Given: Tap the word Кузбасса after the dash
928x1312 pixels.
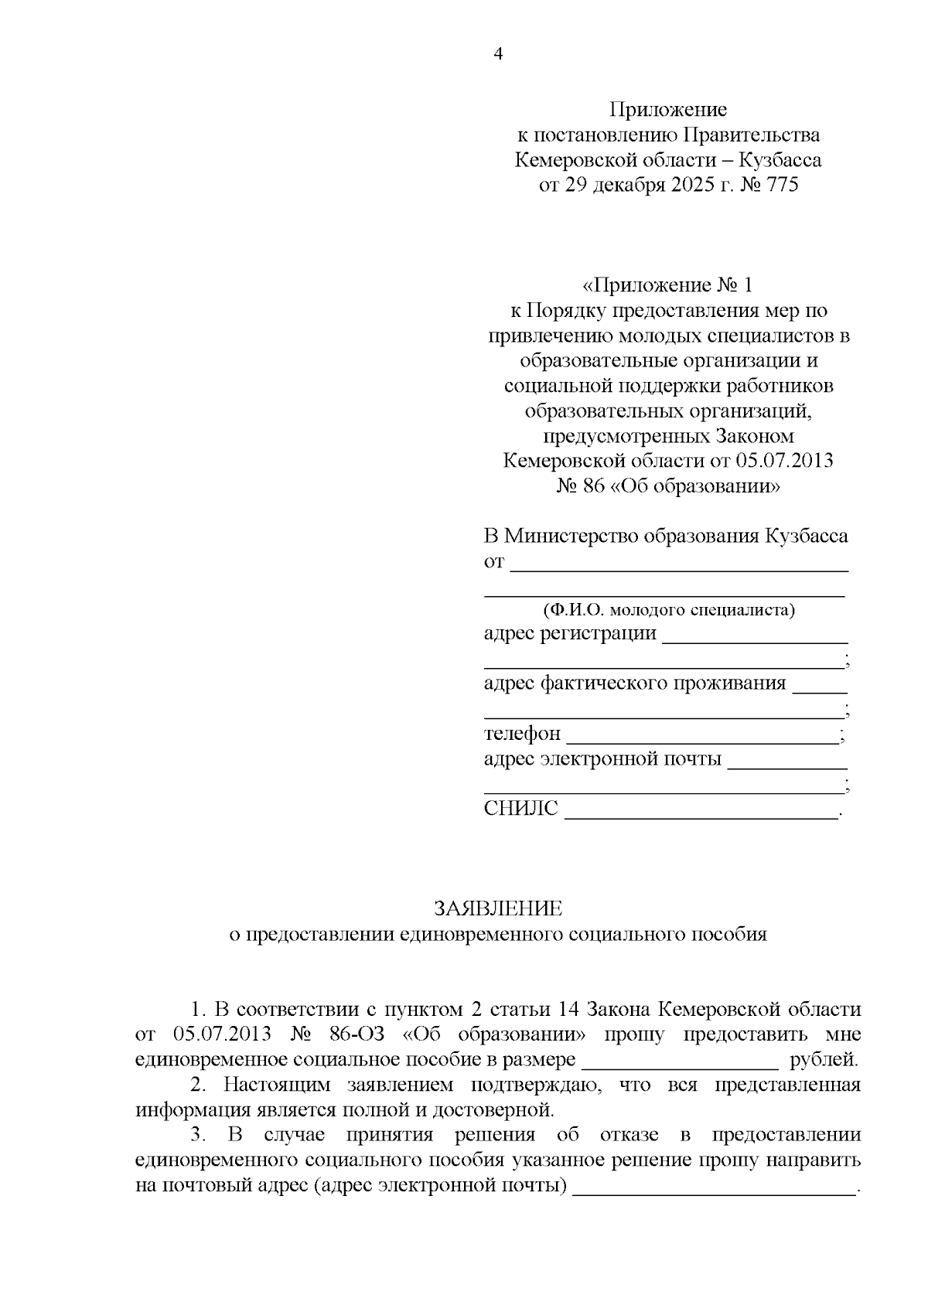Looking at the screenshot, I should pyautogui.click(x=780, y=161).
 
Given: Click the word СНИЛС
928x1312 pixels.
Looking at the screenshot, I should pyautogui.click(x=520, y=809).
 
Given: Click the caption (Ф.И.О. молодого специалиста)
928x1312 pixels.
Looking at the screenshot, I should pyautogui.click(x=668, y=610).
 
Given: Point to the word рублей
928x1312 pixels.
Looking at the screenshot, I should pyautogui.click(x=824, y=1059).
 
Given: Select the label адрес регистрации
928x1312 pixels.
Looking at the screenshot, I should pyautogui.click(x=570, y=634).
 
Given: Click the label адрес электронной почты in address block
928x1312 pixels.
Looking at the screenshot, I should pyautogui.click(x=602, y=759).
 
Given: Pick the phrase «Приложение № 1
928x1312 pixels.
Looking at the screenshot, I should pyautogui.click(x=667, y=285).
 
